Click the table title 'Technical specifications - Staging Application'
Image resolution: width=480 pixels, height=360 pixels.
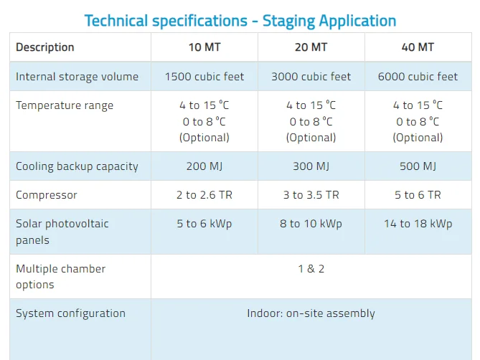[x=240, y=21]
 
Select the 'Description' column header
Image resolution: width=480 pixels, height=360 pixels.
[x=45, y=47]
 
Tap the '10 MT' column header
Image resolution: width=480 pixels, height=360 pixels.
[x=204, y=47]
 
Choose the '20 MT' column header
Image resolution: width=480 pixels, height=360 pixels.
[x=311, y=47]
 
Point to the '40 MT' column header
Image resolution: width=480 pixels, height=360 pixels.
[x=418, y=47]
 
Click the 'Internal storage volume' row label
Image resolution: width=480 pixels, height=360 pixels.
[x=77, y=77]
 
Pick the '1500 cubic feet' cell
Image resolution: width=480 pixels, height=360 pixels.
[x=204, y=77]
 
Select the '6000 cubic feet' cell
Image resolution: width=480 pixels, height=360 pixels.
[x=418, y=77]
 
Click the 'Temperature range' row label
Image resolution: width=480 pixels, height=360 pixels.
[x=65, y=105]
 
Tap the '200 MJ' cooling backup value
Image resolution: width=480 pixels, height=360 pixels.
[x=204, y=166]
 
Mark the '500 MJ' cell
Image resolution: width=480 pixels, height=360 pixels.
[x=418, y=166]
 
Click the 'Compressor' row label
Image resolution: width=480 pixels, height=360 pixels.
[x=47, y=195]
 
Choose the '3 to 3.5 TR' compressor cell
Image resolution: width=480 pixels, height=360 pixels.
[x=311, y=195]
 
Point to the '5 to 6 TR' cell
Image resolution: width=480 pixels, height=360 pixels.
[x=418, y=195]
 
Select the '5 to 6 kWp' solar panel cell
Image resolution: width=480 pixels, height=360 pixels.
[x=204, y=224]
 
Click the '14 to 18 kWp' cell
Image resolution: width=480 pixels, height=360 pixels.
[x=418, y=224]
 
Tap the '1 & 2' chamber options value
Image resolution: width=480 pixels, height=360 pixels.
[x=311, y=268]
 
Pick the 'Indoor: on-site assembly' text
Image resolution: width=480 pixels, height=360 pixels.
[x=311, y=313]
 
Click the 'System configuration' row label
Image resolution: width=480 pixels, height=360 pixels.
[x=71, y=313]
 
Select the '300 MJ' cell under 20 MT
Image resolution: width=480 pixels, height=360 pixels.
[x=311, y=166]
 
